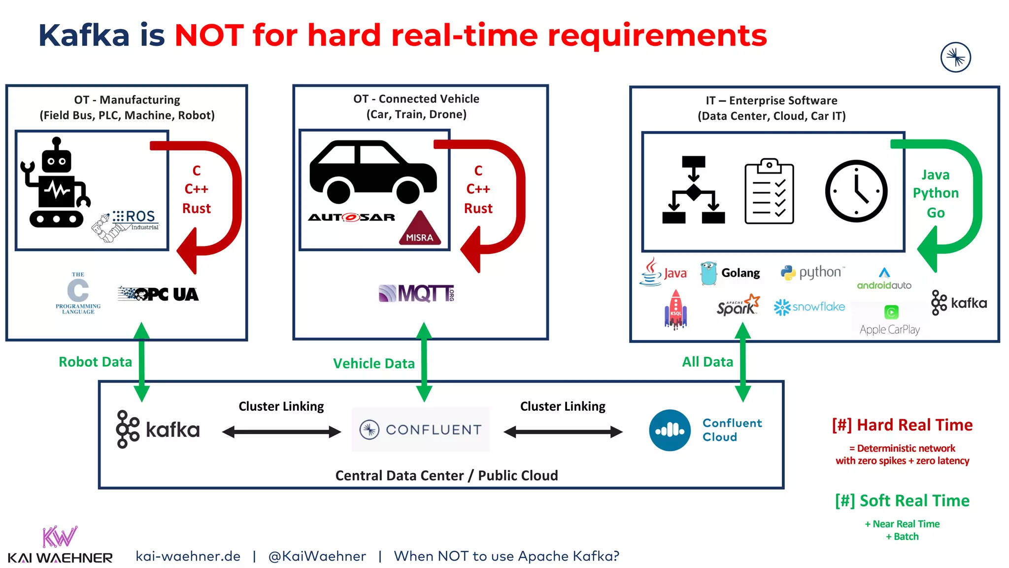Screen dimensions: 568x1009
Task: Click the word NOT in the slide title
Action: pos(209,35)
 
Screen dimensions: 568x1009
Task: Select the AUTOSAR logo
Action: pos(351,217)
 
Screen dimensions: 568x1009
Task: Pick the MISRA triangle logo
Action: pos(419,229)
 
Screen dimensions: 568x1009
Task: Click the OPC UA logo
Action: pos(159,294)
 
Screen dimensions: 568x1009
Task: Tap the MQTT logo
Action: pos(416,293)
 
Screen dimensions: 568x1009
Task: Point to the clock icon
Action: pos(856,191)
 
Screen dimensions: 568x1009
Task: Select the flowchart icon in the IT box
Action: pos(693,190)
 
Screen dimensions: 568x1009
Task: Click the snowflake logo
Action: pos(809,307)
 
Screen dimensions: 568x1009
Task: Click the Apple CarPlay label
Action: pos(889,329)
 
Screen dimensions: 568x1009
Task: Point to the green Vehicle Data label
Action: pos(374,363)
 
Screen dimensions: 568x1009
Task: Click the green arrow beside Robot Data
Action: pos(141,362)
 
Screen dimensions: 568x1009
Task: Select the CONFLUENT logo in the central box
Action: pos(420,429)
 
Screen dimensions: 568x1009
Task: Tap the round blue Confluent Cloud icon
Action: pos(670,430)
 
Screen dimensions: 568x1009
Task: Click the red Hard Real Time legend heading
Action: pos(902,425)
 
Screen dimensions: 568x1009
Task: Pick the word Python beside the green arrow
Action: pos(935,193)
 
